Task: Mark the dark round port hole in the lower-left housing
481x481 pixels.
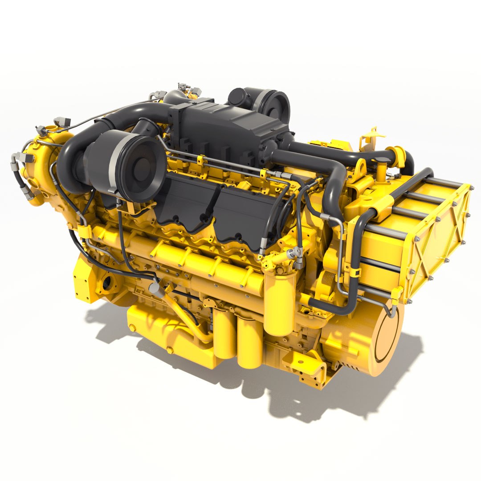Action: point(107,283)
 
